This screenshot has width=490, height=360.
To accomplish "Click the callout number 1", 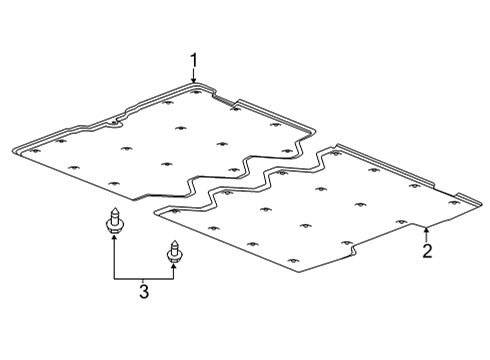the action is (194, 61).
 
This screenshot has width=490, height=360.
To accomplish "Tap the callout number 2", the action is (427, 251).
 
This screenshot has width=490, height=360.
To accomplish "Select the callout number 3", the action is (144, 291).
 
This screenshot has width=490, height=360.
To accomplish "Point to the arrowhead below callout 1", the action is (194, 79).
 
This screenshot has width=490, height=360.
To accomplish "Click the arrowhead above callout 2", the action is (426, 229).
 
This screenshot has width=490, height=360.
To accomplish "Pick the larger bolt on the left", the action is (114, 221).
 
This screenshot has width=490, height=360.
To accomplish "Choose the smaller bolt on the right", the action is (173, 252).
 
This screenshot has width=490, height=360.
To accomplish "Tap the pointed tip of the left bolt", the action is (114, 208).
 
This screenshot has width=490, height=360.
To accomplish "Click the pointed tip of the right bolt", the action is (173, 241).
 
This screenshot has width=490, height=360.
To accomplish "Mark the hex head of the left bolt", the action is (114, 228).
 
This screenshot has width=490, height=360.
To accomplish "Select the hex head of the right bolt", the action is (173, 258).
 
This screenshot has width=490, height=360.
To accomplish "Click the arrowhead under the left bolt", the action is (114, 237).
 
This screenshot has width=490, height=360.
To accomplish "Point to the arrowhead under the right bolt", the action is (173, 266).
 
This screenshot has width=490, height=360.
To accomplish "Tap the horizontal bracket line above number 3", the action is (144, 279).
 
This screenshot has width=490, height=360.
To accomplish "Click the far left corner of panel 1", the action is (13, 150).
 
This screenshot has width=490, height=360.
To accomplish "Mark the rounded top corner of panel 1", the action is (195, 83).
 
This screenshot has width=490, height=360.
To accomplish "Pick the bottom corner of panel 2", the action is (299, 272).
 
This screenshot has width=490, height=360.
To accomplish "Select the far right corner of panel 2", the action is (481, 203).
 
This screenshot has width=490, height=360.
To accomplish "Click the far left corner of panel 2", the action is (154, 212).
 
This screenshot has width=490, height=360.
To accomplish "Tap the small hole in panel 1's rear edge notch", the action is (114, 123).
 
